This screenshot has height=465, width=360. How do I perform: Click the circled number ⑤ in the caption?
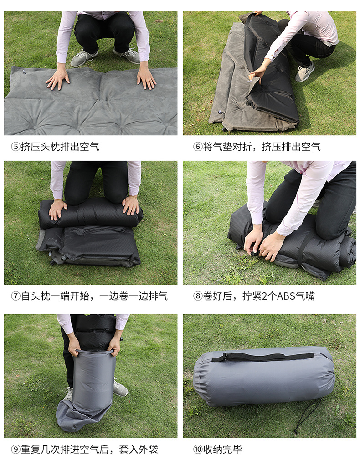tap(15, 147)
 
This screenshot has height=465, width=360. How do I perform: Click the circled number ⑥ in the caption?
tap(198, 147)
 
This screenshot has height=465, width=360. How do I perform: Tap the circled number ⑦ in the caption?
tap(15, 296)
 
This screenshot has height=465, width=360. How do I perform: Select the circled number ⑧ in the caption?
tap(198, 296)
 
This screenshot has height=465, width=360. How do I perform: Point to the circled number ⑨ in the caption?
tap(15, 449)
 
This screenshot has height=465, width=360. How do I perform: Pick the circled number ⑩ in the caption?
tap(198, 449)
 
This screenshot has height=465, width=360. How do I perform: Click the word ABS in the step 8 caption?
tap(286, 296)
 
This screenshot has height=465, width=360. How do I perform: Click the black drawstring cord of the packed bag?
tap(308, 415)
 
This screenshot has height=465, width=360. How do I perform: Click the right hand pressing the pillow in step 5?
tap(146, 77)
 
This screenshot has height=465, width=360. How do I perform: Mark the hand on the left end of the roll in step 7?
tap(57, 210)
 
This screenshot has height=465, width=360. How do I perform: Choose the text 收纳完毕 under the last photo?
tap(222, 449)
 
